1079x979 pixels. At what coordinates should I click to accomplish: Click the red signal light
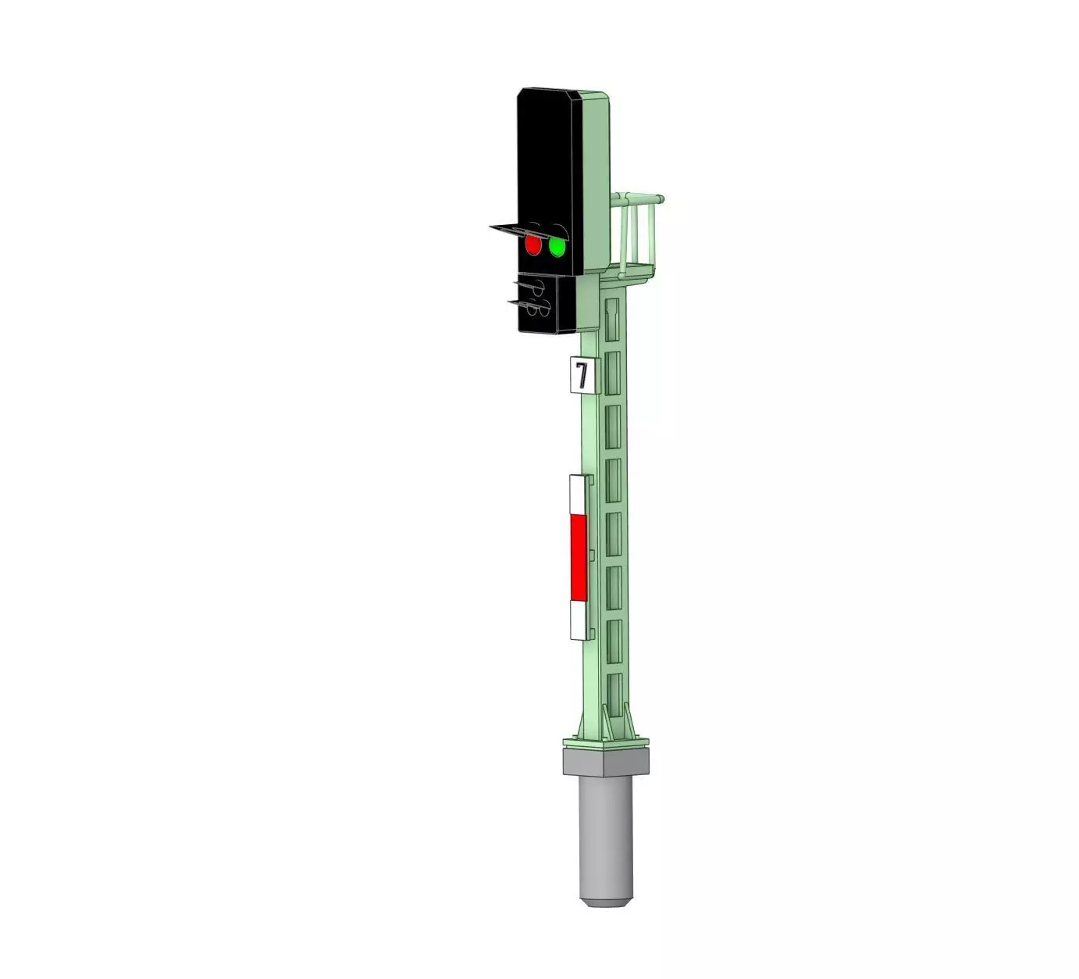[x=533, y=245]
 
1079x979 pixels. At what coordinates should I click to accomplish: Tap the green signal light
[x=557, y=247]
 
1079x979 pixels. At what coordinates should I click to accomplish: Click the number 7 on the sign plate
[x=582, y=376]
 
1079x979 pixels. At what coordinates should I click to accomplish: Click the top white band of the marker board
[x=578, y=494]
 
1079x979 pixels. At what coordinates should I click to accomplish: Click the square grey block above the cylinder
[x=606, y=760]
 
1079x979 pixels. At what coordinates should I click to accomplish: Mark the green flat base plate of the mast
[x=606, y=741]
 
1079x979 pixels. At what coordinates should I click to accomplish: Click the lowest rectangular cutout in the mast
[x=614, y=691]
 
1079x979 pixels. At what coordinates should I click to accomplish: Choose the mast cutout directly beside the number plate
[x=613, y=373]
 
